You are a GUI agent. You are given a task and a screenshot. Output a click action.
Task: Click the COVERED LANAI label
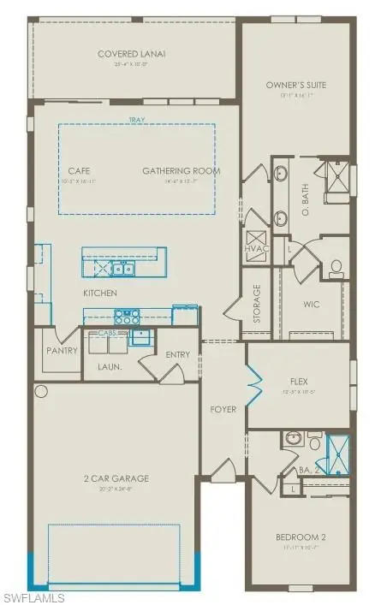tap(131, 54)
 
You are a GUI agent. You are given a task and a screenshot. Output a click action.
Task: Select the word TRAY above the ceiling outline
tap(134, 121)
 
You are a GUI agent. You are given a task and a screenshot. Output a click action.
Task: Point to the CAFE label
tap(79, 171)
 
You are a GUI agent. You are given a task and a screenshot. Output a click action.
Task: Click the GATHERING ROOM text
tap(182, 171)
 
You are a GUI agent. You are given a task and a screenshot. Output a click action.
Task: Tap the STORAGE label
tap(256, 301)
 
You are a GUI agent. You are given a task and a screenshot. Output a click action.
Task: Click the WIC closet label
tap(311, 304)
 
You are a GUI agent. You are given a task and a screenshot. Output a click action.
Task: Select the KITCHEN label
tap(100, 293)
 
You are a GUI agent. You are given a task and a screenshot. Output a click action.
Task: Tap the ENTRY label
tap(178, 355)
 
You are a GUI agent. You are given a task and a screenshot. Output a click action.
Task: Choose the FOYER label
tap(223, 409)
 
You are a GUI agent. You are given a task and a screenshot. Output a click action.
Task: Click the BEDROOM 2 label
tap(301, 537)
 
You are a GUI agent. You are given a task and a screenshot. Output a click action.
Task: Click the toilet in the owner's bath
tap(336, 269)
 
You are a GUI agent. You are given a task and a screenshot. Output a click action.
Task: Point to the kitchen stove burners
tap(125, 315)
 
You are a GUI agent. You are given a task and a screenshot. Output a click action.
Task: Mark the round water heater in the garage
tap(40, 391)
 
